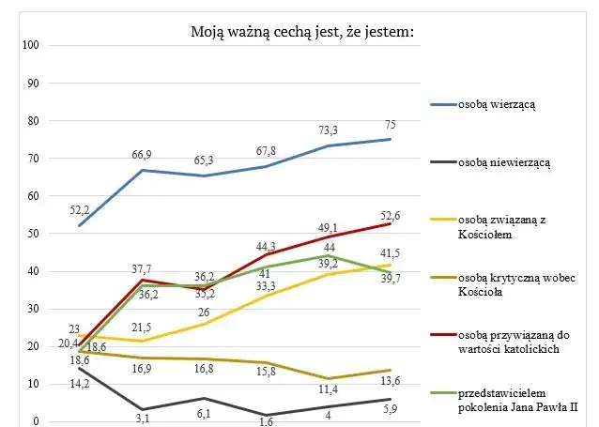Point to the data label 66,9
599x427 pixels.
click(x=143, y=155)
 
